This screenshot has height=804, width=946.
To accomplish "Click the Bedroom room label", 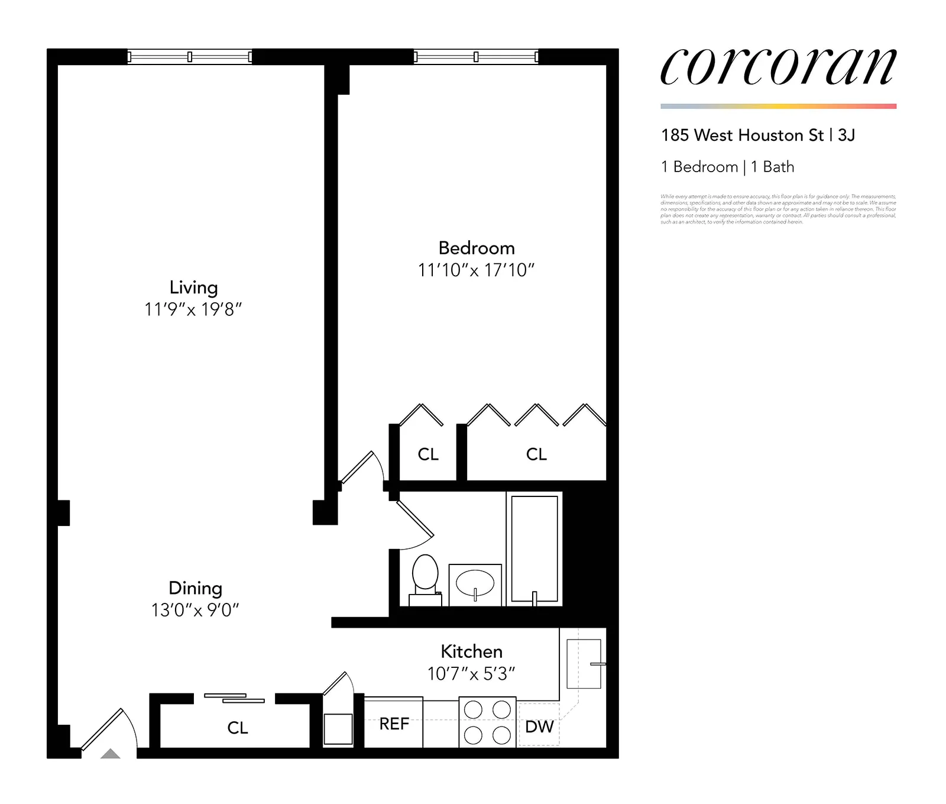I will pyautogui.click(x=477, y=248).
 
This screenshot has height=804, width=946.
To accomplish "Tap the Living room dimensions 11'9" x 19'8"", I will pyautogui.click(x=193, y=309).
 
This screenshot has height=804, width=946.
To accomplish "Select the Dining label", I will pyautogui.click(x=195, y=588).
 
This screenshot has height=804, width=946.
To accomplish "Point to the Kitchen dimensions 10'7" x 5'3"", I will pyautogui.click(x=471, y=674).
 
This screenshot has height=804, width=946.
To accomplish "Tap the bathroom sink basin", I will pyautogui.click(x=475, y=583).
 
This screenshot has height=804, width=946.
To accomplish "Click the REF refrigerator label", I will pyautogui.click(x=394, y=724).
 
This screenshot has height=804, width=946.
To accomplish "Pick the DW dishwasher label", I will pyautogui.click(x=539, y=726).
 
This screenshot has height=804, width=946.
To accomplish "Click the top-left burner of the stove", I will pyautogui.click(x=473, y=709).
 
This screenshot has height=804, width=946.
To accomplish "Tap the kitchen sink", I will pyautogui.click(x=584, y=663).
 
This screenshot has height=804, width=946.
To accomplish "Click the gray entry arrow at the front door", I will pyautogui.click(x=111, y=754).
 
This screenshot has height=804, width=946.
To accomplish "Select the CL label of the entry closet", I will pyautogui.click(x=238, y=728).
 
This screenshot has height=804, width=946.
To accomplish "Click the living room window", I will pyautogui.click(x=190, y=57).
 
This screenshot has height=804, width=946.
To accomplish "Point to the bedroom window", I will pyautogui.click(x=476, y=57).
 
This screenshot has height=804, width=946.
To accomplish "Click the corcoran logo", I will pyautogui.click(x=778, y=66).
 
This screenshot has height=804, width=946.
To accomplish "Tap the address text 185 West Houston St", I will pyautogui.click(x=742, y=135).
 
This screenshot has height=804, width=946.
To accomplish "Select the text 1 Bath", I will pyautogui.click(x=772, y=167).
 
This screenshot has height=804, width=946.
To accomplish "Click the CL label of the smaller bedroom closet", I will pyautogui.click(x=428, y=454).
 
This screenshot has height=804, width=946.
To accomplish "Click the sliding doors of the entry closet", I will pyautogui.click(x=235, y=698).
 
